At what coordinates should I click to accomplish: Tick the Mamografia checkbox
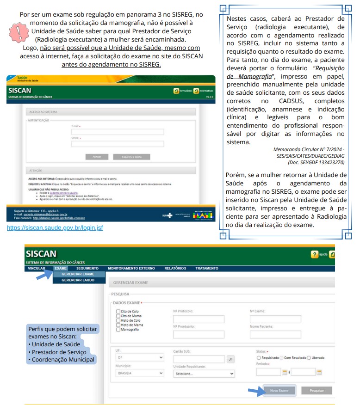(x=118, y=330)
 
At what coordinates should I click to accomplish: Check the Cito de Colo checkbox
(x=118, y=312)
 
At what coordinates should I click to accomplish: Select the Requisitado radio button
(x=259, y=358)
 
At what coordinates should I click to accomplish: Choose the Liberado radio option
(x=309, y=358)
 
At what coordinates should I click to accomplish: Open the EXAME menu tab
(x=61, y=268)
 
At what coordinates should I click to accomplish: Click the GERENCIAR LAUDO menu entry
(x=78, y=280)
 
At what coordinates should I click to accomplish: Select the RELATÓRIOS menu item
(x=175, y=268)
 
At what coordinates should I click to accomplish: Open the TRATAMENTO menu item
(x=207, y=268)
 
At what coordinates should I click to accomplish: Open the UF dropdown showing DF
(x=140, y=357)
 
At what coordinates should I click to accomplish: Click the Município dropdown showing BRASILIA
(x=140, y=373)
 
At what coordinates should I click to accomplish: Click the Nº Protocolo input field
(x=199, y=319)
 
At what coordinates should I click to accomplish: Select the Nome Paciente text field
(x=275, y=334)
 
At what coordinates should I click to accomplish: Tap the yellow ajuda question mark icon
(x=315, y=254)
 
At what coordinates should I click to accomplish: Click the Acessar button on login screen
(x=97, y=157)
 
